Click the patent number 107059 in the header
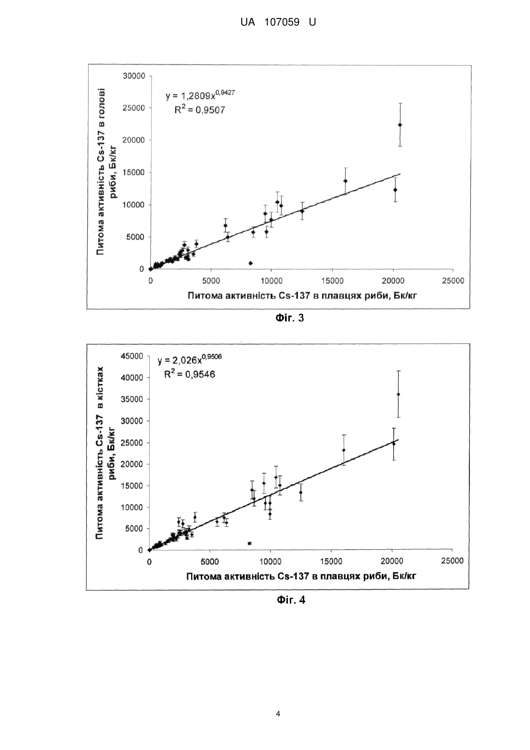pos(282,22)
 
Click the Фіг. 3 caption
pos(289,317)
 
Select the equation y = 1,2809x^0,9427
pos(200,95)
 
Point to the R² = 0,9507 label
pos(200,109)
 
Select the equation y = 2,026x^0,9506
pos(190,359)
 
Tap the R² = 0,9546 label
pos(189,374)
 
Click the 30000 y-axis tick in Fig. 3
pos(134,76)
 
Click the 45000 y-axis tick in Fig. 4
pos(132,356)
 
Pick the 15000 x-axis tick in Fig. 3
pos(332,281)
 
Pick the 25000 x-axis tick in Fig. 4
pos(452,561)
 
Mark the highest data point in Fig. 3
pos(400,125)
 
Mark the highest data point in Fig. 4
pos(398,395)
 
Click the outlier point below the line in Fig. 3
pos(251,263)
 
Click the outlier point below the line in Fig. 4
pos(249,543)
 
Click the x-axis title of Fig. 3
pos(302,295)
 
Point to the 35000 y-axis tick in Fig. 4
pos(132,399)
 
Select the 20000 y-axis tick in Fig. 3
pos(134,140)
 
